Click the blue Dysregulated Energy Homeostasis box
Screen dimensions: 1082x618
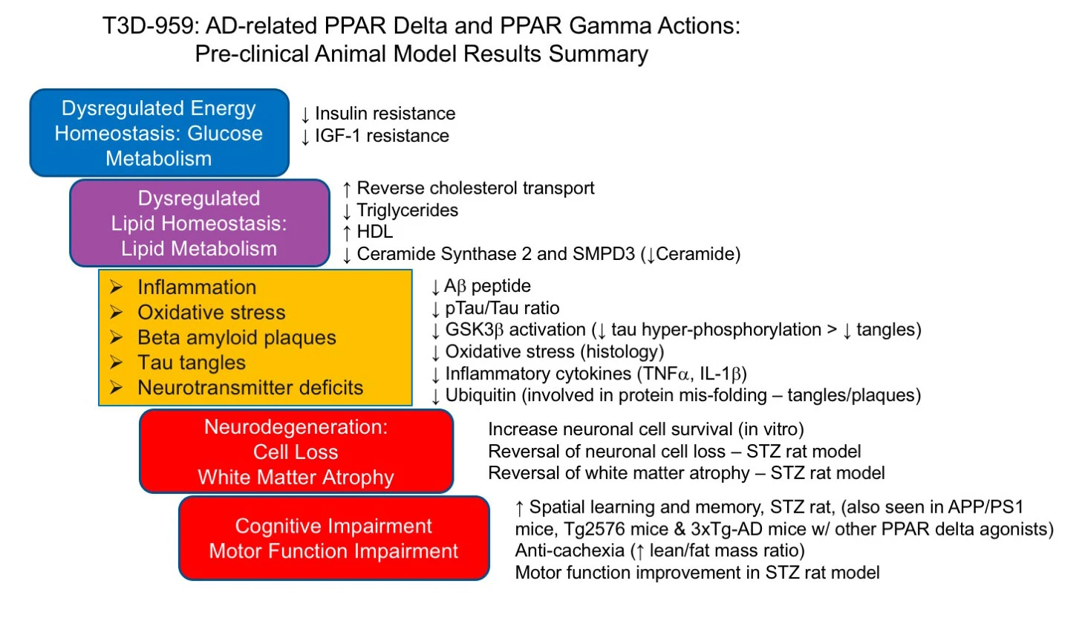pyautogui.click(x=160, y=133)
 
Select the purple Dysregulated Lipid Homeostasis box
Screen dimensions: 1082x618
pyautogui.click(x=200, y=224)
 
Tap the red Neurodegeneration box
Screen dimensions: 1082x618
pyautogui.click(x=296, y=452)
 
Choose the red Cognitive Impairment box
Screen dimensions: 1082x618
pyautogui.click(x=333, y=539)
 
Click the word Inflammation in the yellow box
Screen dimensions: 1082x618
pyautogui.click(x=197, y=287)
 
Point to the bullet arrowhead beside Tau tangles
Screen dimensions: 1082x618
pyautogui.click(x=116, y=362)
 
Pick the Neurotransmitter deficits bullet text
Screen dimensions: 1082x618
pyautogui.click(x=250, y=388)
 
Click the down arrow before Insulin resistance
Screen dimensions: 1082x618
pyautogui.click(x=305, y=115)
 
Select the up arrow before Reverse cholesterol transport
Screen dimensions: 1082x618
pyautogui.click(x=347, y=189)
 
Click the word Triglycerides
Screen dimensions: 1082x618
pyautogui.click(x=407, y=210)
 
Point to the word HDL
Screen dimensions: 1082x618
pyautogui.click(x=375, y=232)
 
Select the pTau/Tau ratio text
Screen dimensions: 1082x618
pyautogui.click(x=502, y=308)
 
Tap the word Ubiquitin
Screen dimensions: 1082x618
pyautogui.click(x=480, y=395)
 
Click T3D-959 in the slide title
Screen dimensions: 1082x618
pyautogui.click(x=149, y=25)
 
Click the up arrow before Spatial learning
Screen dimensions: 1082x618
pyautogui.click(x=519, y=508)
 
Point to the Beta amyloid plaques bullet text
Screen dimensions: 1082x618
pyautogui.click(x=237, y=337)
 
